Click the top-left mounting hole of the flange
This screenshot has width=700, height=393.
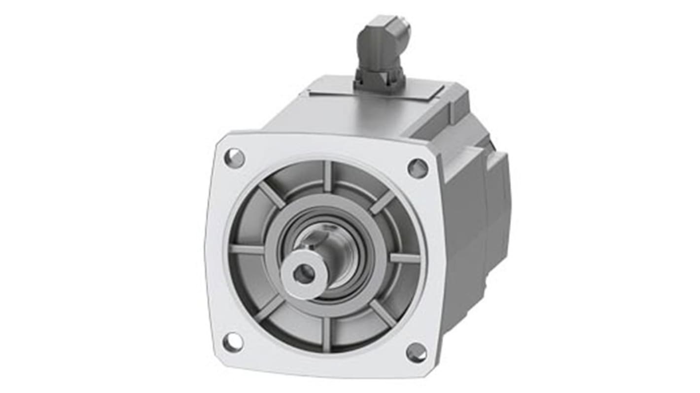pos(234,158)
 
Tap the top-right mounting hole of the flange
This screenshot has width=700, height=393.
pos(418,168)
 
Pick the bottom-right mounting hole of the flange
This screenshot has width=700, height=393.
pos(417,353)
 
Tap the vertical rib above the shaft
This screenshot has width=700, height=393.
pos(328,175)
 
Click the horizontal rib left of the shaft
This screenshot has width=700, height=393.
pos(246,249)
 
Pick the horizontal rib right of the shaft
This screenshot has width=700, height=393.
pos(405,258)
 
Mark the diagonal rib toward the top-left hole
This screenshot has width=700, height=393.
pos(272,195)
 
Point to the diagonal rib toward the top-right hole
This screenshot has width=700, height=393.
pos(383,202)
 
